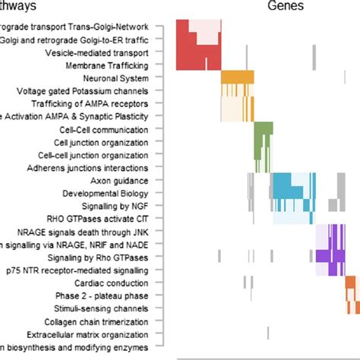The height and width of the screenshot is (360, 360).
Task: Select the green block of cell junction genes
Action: coord(263,141)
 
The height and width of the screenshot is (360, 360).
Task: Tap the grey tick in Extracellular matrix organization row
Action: coord(267,333)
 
